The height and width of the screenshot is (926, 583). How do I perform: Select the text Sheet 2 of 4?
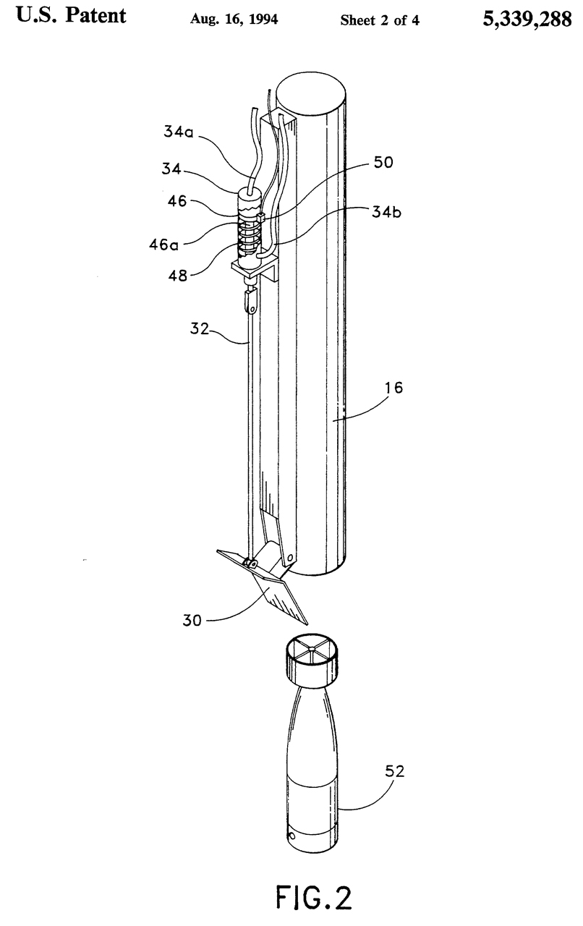[370, 19]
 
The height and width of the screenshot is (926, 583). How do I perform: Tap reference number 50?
[383, 163]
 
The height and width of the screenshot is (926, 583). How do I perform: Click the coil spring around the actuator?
[249, 235]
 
